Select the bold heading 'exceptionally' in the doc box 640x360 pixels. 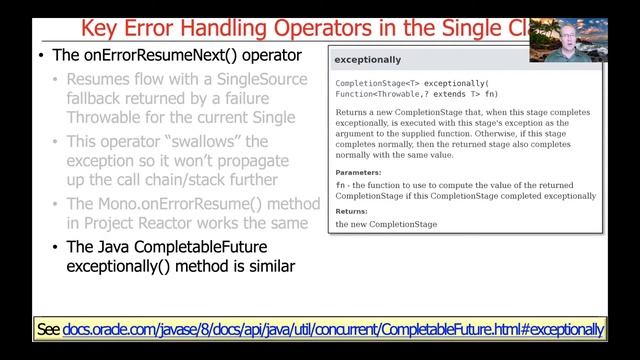pos(367,60)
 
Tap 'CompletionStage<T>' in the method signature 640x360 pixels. pos(377,82)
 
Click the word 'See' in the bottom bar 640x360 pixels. pos(47,329)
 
